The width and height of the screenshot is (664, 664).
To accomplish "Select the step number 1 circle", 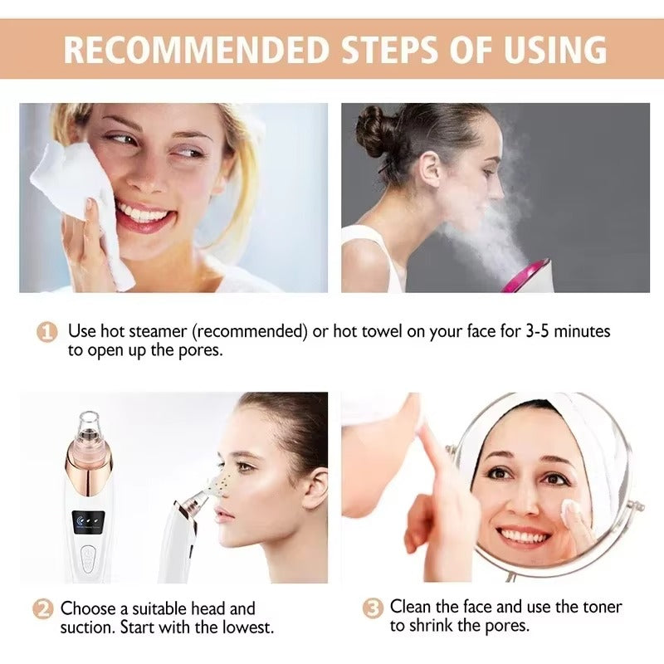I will pos(47,332).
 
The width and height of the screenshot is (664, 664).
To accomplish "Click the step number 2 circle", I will pos(43,609).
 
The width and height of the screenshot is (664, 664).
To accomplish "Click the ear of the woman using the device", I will pos(314,487).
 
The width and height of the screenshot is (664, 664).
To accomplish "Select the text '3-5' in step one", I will pos(540,332).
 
